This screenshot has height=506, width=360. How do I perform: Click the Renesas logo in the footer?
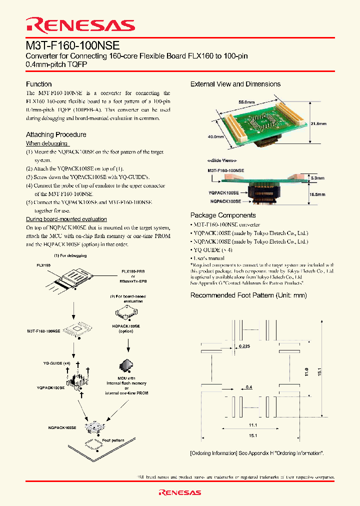180,492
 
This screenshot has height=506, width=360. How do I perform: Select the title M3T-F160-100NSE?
73,45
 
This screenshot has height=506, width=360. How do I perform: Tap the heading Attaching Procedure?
56,134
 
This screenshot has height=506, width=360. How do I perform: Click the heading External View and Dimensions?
235,84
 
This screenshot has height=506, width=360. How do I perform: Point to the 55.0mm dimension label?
246,102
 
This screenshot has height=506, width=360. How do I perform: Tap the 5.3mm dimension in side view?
317,178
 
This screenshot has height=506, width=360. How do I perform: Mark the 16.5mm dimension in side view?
317,194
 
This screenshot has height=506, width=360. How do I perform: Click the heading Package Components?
223,215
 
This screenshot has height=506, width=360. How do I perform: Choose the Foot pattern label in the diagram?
113,440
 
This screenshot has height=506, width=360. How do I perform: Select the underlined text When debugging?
47,143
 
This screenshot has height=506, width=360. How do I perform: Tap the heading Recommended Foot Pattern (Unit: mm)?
248,295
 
